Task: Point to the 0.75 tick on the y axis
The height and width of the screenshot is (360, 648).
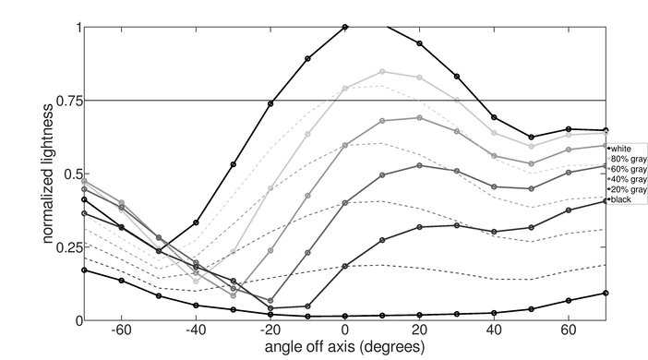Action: click(x=64, y=101)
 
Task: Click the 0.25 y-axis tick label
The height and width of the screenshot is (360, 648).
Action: click(x=64, y=247)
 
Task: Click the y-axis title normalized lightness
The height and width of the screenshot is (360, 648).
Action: click(x=45, y=174)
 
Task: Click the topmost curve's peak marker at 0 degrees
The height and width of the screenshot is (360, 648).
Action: click(x=345, y=27)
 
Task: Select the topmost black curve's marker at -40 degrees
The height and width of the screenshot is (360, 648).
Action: click(x=196, y=222)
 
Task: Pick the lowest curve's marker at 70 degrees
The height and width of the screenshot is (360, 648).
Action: click(x=606, y=293)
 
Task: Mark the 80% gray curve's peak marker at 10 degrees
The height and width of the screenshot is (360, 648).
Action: click(x=382, y=71)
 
